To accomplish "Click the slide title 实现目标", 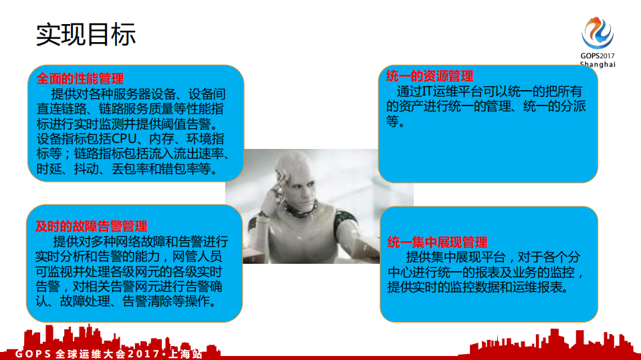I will [x=86, y=34].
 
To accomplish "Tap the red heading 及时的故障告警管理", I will [x=91, y=226].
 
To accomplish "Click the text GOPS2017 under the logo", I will [x=597, y=56].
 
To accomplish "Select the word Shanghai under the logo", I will [x=597, y=64].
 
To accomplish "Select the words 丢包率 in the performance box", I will [x=130, y=170].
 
